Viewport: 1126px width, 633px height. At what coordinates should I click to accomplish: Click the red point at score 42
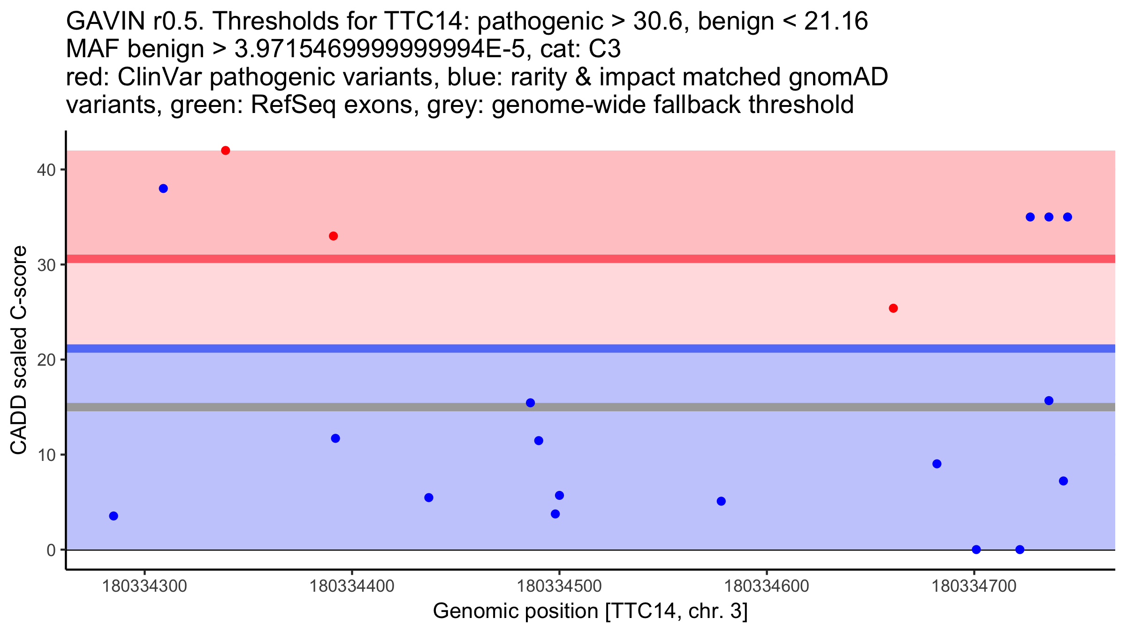225,151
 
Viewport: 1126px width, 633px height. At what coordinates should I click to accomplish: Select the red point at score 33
333,236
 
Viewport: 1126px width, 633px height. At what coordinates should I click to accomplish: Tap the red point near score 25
893,308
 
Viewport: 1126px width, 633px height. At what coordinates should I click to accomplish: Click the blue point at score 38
163,188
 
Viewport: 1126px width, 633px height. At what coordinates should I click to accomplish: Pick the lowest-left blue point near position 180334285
114,516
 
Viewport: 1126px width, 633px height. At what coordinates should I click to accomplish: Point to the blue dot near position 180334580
721,501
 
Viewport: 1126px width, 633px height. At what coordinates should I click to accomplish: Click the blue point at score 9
937,464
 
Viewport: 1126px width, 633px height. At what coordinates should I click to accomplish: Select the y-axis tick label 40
46,170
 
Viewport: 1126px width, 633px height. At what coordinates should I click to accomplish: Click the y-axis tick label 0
51,550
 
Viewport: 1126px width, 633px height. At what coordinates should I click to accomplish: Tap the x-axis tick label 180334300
145,586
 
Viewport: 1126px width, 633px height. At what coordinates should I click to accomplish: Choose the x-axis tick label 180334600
767,586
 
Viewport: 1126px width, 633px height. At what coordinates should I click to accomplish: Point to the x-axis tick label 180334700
974,586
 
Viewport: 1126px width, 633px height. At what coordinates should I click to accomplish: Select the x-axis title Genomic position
590,611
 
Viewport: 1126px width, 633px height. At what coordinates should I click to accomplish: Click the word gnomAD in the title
838,77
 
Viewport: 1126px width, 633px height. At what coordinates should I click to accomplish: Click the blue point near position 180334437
428,497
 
